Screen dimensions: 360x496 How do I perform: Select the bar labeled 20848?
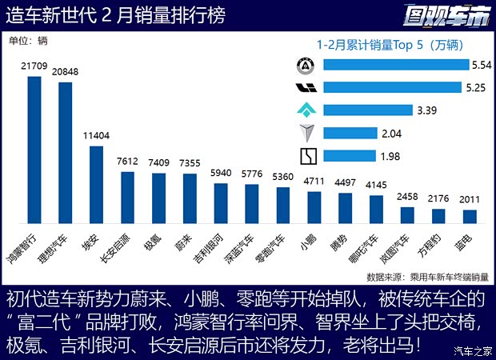pos(66,153)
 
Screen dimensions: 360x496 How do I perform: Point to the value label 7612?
pos(127,161)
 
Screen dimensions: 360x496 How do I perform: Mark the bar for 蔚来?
pos(190,198)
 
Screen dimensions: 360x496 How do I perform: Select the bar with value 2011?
pos(470,216)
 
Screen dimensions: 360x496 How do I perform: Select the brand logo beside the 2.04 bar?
pos(306,133)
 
